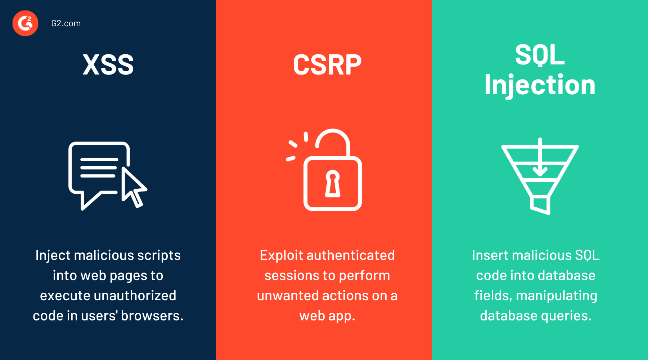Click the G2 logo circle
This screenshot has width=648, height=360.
(25, 23)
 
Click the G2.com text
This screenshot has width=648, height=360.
(66, 23)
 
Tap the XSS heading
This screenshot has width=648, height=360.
(108, 65)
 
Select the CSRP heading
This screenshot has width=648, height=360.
(327, 65)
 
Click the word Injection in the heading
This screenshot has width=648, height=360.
(539, 85)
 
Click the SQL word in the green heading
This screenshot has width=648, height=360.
(539, 55)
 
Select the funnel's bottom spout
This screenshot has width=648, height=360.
(540, 205)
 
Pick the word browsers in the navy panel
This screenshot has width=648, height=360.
(152, 316)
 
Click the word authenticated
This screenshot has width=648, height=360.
(351, 255)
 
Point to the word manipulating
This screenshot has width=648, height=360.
(557, 296)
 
